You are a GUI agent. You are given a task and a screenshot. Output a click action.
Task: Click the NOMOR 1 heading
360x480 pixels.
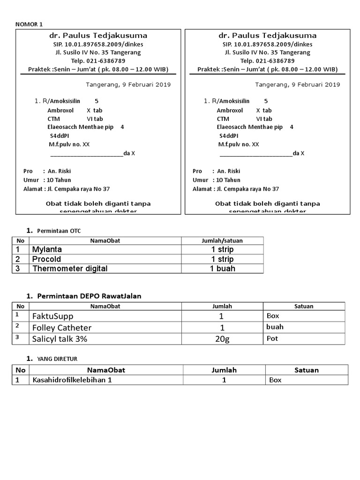[29, 24]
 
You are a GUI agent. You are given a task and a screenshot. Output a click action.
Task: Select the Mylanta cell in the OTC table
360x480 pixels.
[47, 249]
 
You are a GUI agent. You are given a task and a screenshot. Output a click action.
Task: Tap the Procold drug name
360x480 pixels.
[46, 259]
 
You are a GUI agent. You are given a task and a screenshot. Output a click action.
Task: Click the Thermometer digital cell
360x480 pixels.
[70, 269]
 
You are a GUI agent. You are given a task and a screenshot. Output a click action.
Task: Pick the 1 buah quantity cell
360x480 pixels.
[222, 269]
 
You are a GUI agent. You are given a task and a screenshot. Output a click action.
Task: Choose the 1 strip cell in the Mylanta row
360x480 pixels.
[222, 249]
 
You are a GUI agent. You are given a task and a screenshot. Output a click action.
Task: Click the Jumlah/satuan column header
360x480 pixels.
[222, 240]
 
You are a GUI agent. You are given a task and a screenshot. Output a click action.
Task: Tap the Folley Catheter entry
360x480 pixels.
[61, 328]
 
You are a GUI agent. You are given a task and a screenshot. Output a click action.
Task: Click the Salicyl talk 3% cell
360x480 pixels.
[60, 339]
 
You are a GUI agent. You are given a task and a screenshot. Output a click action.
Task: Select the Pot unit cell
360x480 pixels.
[272, 338]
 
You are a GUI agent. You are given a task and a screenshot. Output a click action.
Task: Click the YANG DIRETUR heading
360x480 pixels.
[59, 359]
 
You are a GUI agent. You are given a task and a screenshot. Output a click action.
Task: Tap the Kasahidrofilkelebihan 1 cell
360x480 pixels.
[72, 380]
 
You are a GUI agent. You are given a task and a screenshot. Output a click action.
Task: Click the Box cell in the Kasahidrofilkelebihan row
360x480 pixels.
[275, 380]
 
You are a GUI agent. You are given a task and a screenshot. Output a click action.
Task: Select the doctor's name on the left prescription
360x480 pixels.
[98, 36]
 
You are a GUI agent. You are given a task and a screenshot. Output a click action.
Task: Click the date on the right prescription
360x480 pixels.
[298, 85]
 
